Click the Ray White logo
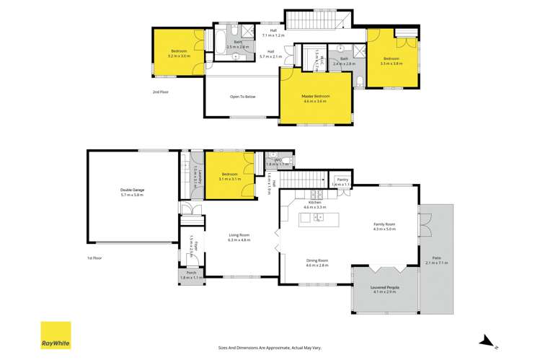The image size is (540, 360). click(55, 335)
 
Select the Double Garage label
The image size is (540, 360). click(132, 190)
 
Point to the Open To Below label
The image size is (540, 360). click(242, 96)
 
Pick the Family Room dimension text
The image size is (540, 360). click(384, 229)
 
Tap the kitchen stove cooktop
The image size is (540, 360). click(315, 195)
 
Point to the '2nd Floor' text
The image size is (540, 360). click(161, 92)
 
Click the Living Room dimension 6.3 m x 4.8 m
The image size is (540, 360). click(239, 239)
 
